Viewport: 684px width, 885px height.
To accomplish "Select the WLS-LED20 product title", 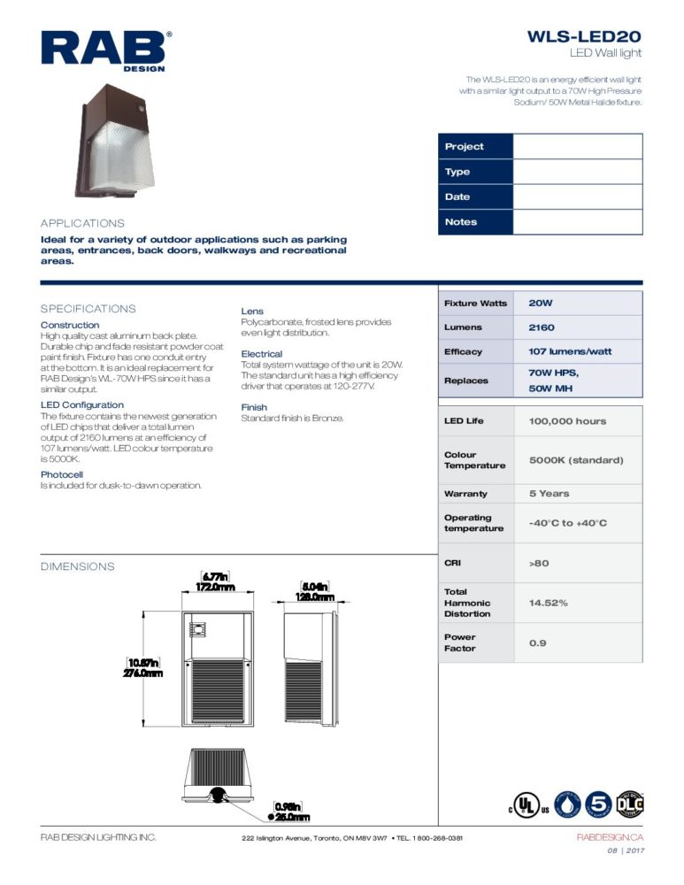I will [584, 37].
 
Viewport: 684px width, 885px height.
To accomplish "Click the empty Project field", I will [577, 146].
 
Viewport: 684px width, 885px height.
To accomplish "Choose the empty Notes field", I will [577, 222].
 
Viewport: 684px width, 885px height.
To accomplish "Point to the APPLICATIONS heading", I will [83, 223].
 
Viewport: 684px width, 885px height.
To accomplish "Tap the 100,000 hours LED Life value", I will [567, 421].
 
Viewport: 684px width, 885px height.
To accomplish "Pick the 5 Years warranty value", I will [549, 493].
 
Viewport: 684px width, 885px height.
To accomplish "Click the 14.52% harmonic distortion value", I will [548, 603].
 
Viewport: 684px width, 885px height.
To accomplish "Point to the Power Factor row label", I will [460, 643].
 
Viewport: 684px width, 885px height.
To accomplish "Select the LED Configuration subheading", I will [82, 405].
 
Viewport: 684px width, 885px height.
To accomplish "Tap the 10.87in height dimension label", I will [142, 663].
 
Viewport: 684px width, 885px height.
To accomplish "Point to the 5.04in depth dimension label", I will [314, 586].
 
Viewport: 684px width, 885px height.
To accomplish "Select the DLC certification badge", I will [630, 804].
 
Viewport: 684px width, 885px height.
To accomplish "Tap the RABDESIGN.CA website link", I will [610, 837].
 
